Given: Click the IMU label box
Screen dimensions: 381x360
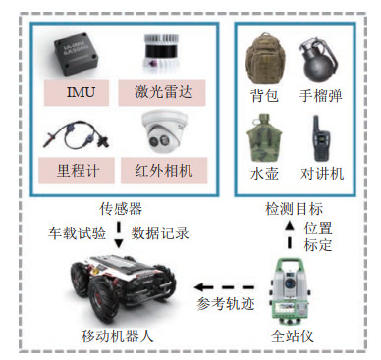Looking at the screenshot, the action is tap(77, 92).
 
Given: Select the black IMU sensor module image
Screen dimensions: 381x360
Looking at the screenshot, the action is tap(77, 54).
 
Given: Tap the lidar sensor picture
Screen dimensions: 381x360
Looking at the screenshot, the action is tap(161, 54).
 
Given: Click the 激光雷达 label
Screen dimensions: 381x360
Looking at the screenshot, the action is tap(162, 92).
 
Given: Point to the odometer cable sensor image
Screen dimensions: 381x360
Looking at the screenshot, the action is tap(77, 134).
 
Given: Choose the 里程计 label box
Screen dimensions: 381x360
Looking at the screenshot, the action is tap(77, 171).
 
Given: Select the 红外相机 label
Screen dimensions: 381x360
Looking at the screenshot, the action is tap(164, 171).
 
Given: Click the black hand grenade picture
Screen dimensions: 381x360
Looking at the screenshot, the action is tap(318, 62).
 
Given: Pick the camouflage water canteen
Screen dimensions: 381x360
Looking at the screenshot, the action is tap(264, 138).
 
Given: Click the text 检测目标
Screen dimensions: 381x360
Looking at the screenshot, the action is tap(294, 209).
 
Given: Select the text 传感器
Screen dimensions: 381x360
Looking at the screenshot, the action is tap(121, 209).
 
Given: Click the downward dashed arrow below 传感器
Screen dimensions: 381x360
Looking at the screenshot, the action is tap(119, 235).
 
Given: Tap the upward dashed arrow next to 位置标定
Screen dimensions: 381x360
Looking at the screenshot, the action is tap(289, 234).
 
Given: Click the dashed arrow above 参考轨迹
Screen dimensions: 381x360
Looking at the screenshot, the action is tap(224, 287).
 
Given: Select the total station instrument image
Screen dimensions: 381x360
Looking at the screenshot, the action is tap(289, 291).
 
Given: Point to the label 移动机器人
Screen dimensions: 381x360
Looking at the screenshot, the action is tap(117, 335).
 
